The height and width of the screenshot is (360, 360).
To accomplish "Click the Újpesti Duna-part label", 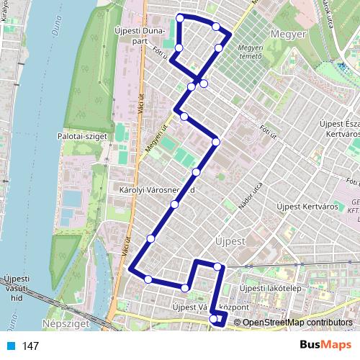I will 140,36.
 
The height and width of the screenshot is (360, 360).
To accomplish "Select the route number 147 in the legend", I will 30,346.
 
